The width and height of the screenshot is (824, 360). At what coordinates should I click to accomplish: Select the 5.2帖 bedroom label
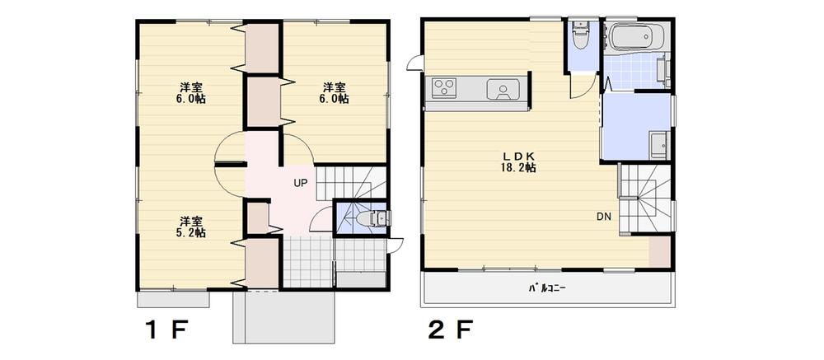[x=191, y=227]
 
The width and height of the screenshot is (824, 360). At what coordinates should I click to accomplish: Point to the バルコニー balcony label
[x=548, y=288]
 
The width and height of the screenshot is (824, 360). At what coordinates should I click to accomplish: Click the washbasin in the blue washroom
[x=658, y=145]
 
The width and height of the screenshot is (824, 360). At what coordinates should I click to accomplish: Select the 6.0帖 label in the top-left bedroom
[x=191, y=93]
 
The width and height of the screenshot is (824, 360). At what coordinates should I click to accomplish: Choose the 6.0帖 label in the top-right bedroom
[x=333, y=93]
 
